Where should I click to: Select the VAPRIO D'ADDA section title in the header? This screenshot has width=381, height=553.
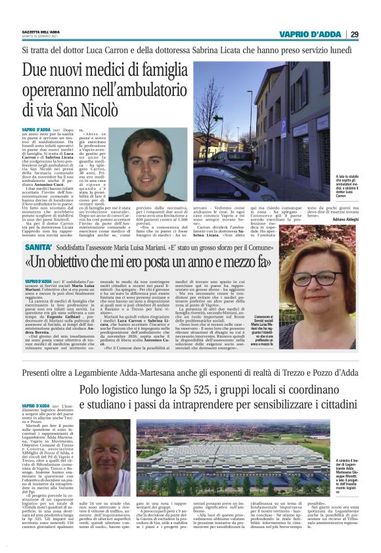point(309,34)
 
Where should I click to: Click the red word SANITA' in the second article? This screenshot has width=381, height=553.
point(39,247)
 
